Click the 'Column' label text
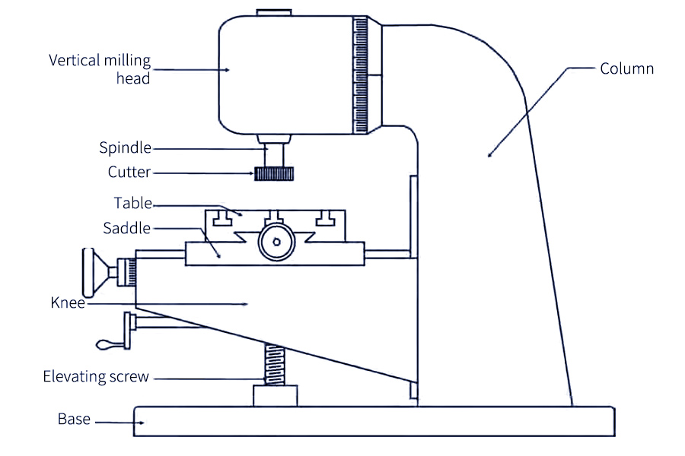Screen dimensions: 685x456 pyautogui.click(x=626, y=68)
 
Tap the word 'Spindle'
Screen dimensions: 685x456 pyautogui.click(x=125, y=147)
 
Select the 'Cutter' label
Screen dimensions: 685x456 pyautogui.click(x=129, y=172)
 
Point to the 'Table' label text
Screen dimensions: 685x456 pyautogui.click(x=132, y=203)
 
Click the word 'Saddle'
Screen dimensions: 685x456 pyautogui.click(x=126, y=228)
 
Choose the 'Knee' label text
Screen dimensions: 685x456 pyautogui.click(x=68, y=302)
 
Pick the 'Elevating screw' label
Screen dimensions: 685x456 pyautogui.click(x=96, y=377)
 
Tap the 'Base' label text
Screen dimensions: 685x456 pyautogui.click(x=74, y=419)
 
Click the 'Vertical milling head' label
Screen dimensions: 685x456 pyautogui.click(x=100, y=69)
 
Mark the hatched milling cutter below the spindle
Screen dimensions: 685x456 pyautogui.click(x=274, y=174)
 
